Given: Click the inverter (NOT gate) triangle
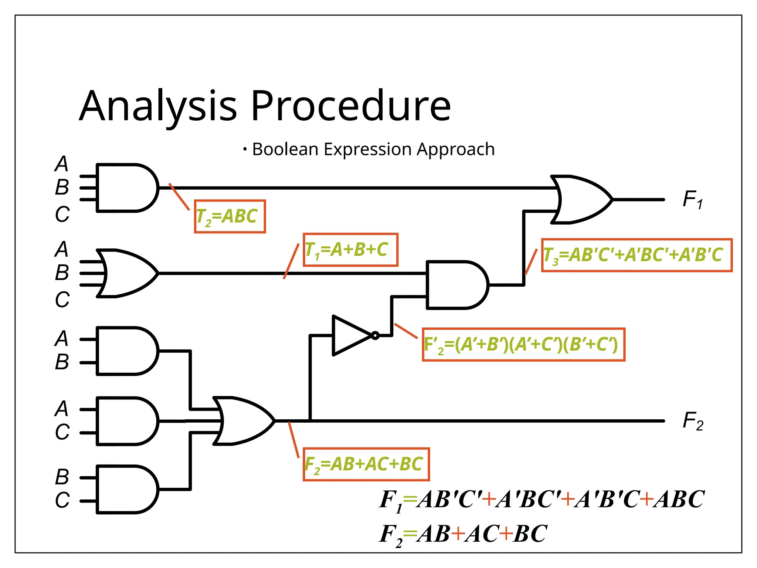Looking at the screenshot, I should (349, 335).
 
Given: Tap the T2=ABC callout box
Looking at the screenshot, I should (230, 216).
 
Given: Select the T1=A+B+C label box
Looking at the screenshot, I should (350, 250).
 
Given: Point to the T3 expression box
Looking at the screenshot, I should (637, 255).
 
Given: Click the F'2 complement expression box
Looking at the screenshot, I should (523, 344).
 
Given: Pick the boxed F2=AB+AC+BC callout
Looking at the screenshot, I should (366, 464).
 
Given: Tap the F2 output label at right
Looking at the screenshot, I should (693, 421).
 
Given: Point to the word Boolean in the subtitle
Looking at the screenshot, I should (285, 149).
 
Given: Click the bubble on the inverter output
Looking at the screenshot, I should (375, 335).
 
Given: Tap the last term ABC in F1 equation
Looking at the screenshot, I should (679, 499).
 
